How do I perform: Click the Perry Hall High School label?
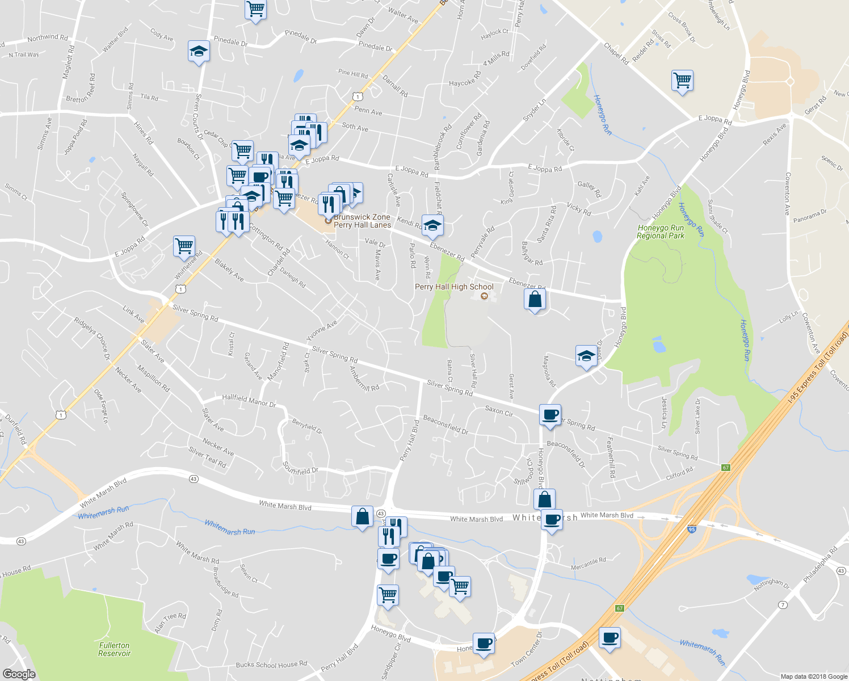point(454,287)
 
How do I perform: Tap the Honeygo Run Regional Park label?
point(661,232)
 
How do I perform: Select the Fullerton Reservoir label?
point(114,649)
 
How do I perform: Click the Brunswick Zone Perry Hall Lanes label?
point(362,221)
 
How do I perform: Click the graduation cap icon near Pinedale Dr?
point(199,52)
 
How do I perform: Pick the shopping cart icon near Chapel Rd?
point(682,80)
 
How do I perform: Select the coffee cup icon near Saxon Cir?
point(550,415)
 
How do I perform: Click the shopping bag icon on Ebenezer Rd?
point(535,299)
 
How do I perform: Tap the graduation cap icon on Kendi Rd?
point(432,226)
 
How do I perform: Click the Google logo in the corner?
point(19,674)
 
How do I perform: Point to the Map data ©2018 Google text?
point(814,676)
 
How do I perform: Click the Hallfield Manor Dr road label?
point(249,401)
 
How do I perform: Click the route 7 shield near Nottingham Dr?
point(783,604)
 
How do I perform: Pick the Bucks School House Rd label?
point(271,665)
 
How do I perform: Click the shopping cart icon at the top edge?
point(256,10)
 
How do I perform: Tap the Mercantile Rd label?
point(589,562)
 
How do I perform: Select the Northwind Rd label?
point(48,38)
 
